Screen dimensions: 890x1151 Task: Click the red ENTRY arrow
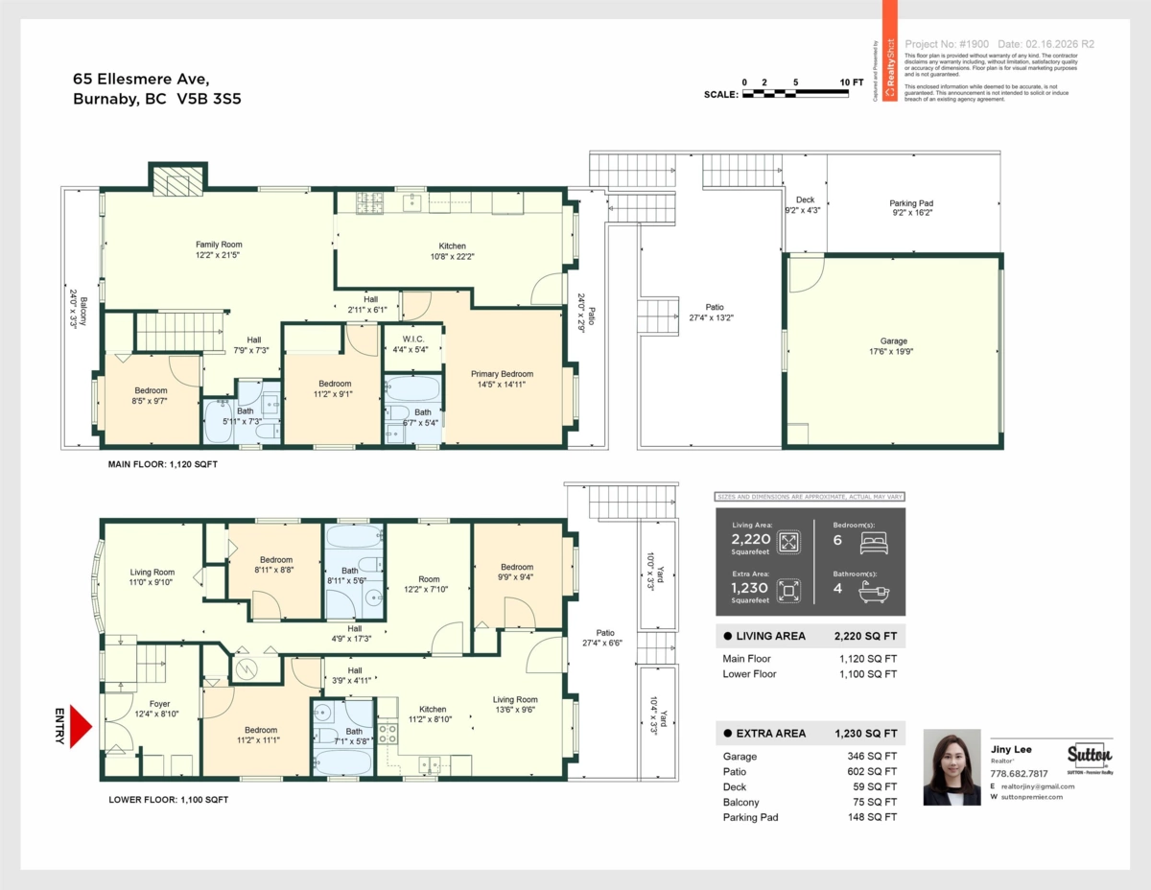[x=80, y=727]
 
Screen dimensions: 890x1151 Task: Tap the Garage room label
[x=893, y=346]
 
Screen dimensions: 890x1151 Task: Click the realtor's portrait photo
[x=951, y=767]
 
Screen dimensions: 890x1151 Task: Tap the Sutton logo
[x=1090, y=754]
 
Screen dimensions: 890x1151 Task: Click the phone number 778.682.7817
[x=1019, y=773]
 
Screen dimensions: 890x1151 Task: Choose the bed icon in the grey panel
[x=874, y=543]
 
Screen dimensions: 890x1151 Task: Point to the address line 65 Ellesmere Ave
[x=140, y=79]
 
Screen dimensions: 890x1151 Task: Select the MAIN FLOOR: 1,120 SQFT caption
[x=162, y=463]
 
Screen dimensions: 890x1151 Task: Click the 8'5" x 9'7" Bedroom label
[x=151, y=395]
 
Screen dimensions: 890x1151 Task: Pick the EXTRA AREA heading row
[x=810, y=734]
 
